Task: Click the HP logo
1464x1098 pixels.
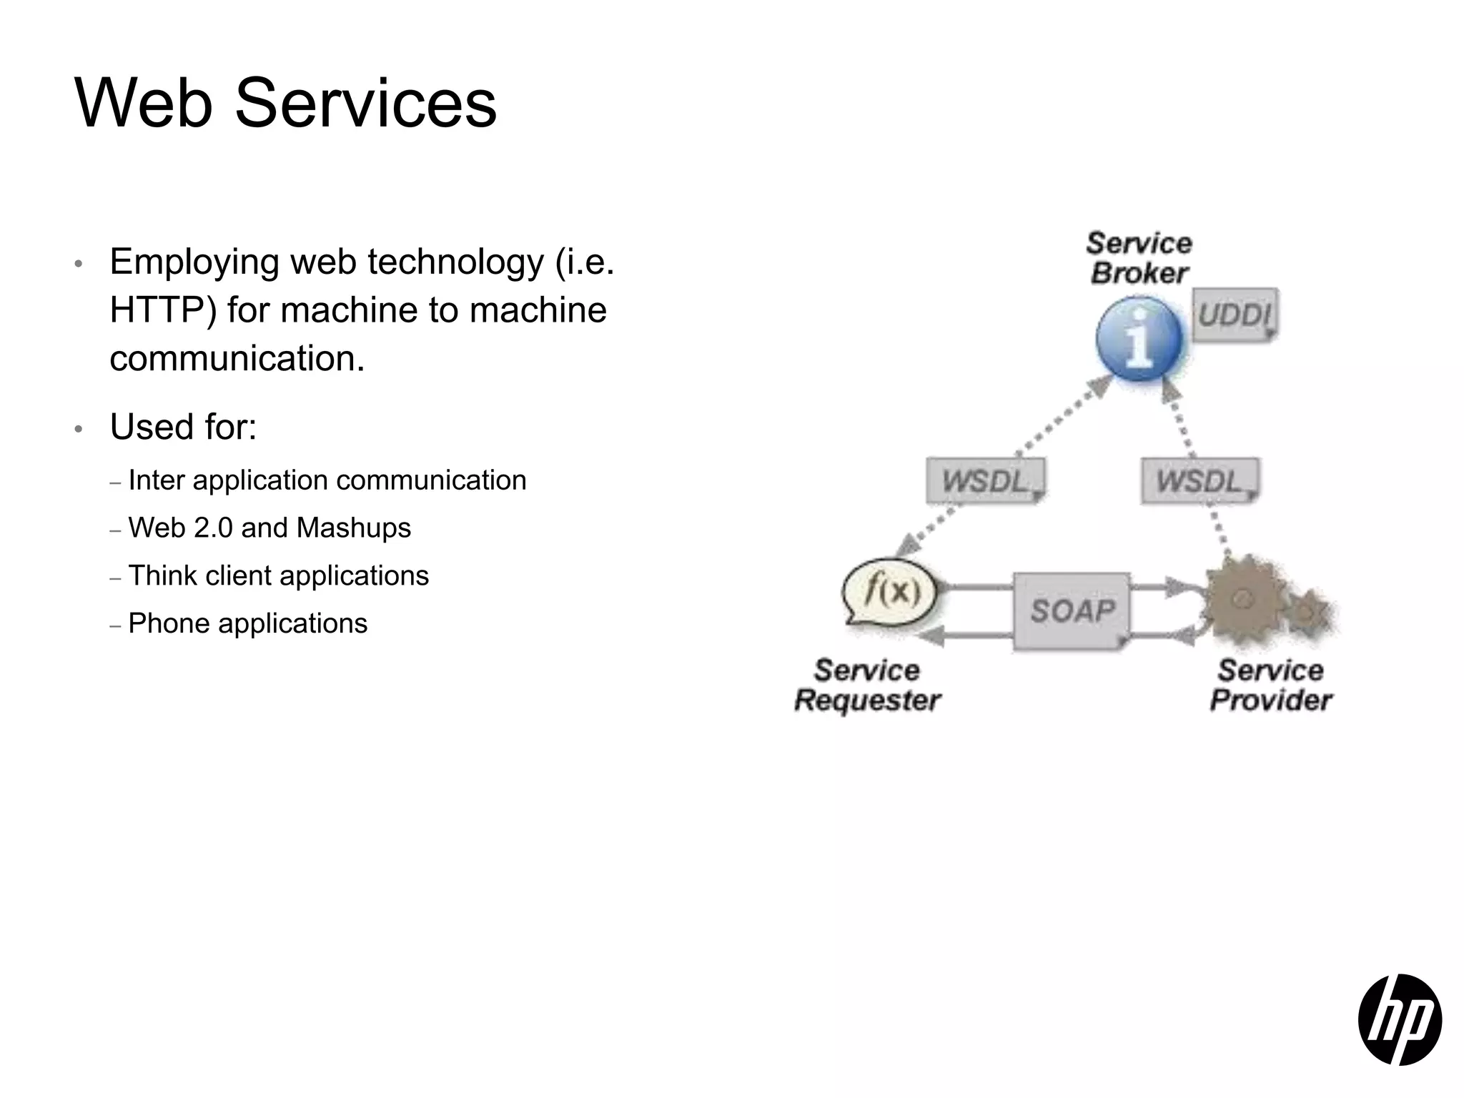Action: tap(1399, 1019)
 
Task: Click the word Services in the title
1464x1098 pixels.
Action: tap(365, 104)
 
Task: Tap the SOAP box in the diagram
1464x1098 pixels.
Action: tap(1072, 611)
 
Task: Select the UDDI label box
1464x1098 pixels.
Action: tap(1235, 315)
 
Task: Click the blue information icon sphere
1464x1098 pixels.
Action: tap(1139, 339)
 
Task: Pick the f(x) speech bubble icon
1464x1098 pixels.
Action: tap(891, 592)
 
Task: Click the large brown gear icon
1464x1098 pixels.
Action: tap(1245, 599)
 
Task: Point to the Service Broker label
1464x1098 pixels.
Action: tap(1139, 258)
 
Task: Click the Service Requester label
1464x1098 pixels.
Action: tap(867, 686)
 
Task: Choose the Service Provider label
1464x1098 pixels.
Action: tap(1270, 686)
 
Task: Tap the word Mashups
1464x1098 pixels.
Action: tap(354, 528)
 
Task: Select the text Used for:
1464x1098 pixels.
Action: tap(183, 427)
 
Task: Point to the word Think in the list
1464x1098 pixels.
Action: tap(162, 575)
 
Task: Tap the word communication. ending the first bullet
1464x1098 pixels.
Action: tap(237, 358)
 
